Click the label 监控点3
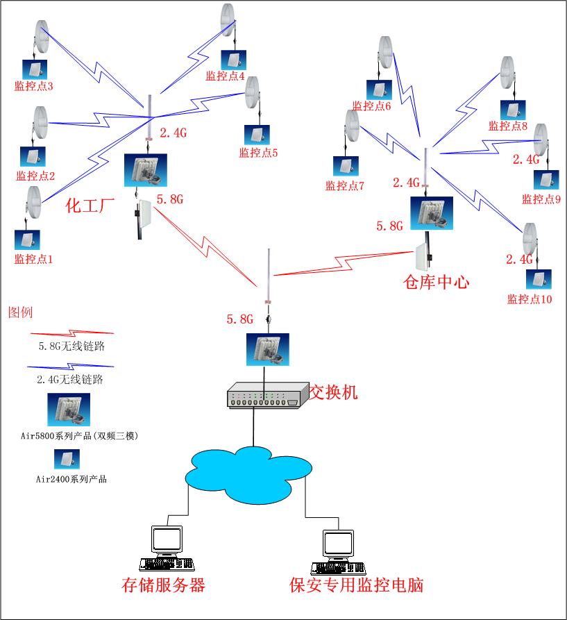click(34, 86)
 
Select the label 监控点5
click(258, 153)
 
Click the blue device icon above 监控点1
click(27, 240)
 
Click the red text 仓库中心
click(436, 281)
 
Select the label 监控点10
click(530, 299)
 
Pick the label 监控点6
click(372, 106)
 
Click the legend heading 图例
click(20, 312)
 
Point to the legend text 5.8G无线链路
click(67, 344)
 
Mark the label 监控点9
click(541, 199)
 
